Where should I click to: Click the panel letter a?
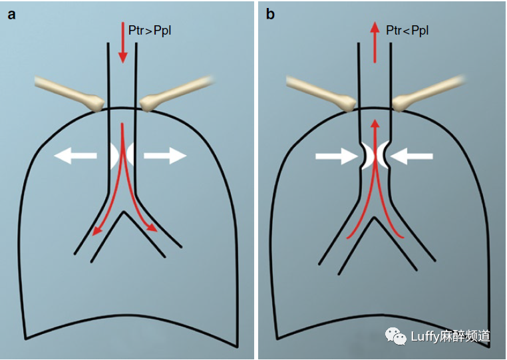tap(11, 15)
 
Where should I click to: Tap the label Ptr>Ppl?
tap(150, 30)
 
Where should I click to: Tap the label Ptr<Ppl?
tap(407, 30)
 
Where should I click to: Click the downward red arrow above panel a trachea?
tap(122, 43)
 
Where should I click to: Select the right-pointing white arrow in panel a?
tap(164, 156)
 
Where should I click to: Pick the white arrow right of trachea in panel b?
tap(413, 157)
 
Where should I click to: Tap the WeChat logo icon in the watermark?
tap(398, 336)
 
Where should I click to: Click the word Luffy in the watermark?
tap(426, 337)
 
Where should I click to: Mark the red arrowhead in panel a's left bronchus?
tap(97, 230)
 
